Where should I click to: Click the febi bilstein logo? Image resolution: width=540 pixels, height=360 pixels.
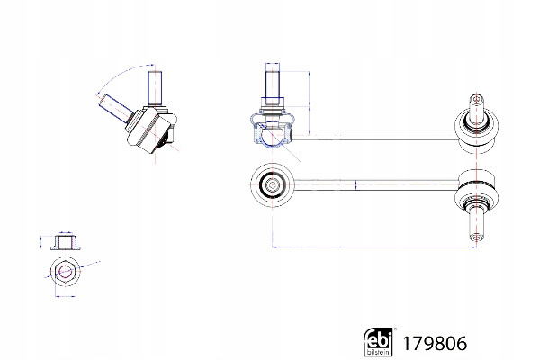click(x=378, y=341)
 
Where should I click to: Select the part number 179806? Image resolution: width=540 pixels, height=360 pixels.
click(x=435, y=344)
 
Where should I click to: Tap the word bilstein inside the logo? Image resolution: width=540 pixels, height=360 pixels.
click(x=378, y=352)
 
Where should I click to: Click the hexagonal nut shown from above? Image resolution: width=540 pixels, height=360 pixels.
click(x=65, y=271)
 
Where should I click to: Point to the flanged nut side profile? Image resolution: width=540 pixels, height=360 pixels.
click(x=66, y=242)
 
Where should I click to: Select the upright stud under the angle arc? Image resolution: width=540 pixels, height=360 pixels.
click(x=155, y=88)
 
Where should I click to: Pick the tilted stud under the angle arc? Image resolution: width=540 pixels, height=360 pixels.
click(x=116, y=108)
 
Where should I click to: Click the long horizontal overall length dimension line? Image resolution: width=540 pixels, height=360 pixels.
click(x=374, y=247)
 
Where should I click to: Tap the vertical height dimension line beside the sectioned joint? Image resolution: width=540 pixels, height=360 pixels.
click(x=309, y=103)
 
